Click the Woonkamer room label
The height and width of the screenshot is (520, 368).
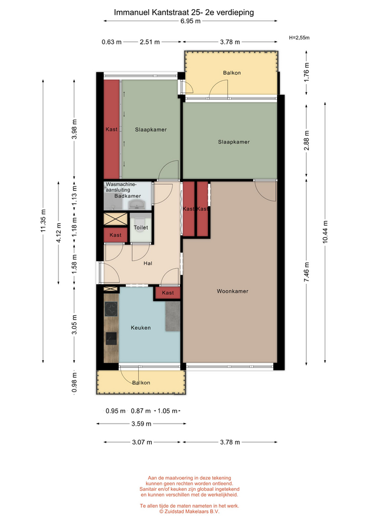click(233, 291)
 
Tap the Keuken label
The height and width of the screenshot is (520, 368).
click(141, 328)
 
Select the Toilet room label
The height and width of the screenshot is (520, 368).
click(141, 227)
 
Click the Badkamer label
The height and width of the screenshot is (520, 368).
click(128, 196)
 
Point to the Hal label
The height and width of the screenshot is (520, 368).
click(147, 263)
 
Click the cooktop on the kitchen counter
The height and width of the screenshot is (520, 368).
click(111, 309)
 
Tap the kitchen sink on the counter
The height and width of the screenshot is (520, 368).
click(111, 338)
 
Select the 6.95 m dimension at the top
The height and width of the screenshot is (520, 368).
click(190, 21)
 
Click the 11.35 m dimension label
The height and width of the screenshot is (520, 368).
click(43, 221)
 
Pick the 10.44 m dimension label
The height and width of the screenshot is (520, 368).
click(325, 232)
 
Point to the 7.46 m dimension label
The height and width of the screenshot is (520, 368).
click(306, 272)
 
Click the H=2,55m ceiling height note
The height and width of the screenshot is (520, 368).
click(299, 38)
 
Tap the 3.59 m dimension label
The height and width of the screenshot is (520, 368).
click(141, 424)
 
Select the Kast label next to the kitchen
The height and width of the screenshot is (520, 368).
click(167, 293)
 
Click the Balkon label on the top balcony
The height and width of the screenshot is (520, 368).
click(231, 73)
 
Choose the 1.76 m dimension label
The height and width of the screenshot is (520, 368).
click(306, 72)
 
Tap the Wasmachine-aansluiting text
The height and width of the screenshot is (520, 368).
click(121, 187)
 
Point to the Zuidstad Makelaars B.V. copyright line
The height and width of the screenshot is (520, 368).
click(189, 511)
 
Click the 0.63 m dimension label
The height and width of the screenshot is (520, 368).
click(112, 42)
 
